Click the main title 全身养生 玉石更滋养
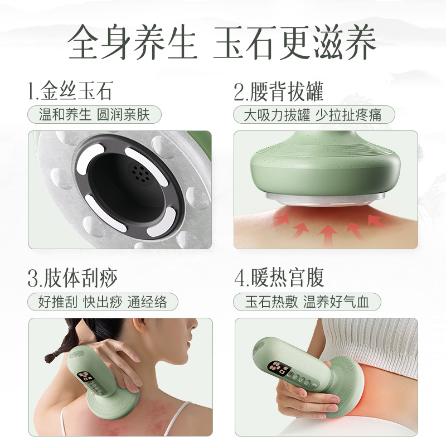point(223,42)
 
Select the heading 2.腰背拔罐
point(279,91)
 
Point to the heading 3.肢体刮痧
point(73,277)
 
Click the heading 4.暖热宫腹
point(279,277)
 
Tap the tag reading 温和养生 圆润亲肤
point(94,115)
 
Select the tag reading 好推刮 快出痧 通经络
point(103,302)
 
